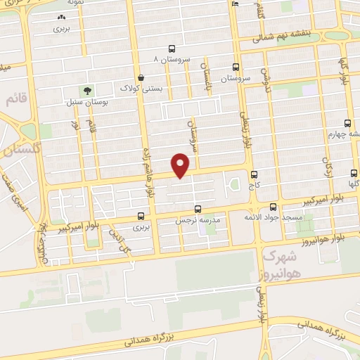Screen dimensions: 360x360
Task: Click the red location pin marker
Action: click(181, 165)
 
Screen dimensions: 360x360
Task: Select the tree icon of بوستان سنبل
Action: click(87, 91)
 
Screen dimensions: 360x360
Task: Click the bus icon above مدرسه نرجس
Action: click(198, 209)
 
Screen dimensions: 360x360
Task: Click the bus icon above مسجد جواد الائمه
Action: click(273, 206)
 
